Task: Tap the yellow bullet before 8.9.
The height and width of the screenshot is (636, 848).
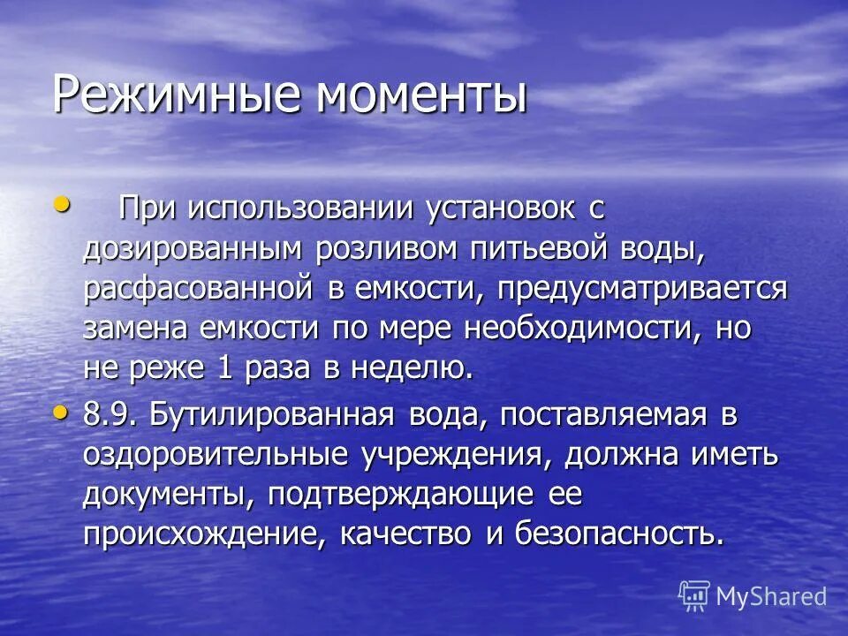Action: (61, 412)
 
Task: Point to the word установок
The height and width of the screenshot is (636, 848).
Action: (503, 209)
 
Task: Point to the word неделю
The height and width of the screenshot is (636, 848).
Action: (416, 367)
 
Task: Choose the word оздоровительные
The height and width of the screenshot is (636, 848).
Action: (216, 455)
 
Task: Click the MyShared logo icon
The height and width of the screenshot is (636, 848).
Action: (694, 596)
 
